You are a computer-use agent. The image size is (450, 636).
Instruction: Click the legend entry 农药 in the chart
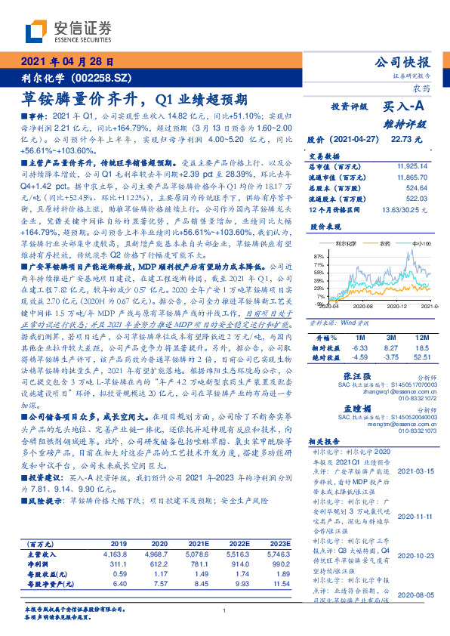click(x=384, y=244)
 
